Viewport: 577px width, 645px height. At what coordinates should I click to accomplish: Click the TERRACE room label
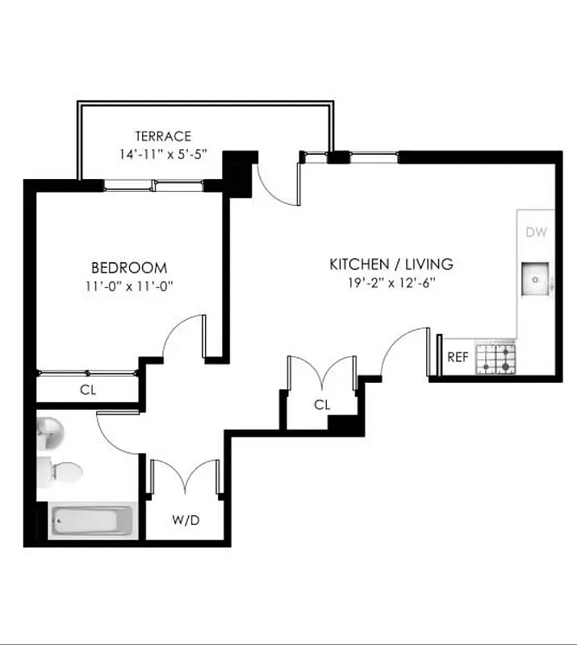click(163, 136)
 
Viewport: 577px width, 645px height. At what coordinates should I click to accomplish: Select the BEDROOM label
click(129, 268)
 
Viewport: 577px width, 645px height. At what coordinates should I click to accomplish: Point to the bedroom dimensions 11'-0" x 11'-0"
click(129, 285)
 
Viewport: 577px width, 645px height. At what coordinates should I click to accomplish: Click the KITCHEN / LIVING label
click(391, 264)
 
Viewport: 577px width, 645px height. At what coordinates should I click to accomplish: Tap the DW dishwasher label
click(537, 233)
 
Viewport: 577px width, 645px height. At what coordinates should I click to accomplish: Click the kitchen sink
click(536, 279)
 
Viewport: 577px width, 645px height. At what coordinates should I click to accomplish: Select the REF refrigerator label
click(458, 357)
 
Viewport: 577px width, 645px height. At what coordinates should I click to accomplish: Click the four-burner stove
click(495, 357)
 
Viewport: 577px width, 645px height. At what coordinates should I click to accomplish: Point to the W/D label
click(186, 520)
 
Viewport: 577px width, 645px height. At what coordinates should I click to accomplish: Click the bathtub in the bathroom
click(91, 522)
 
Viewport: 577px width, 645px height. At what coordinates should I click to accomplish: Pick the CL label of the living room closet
click(322, 405)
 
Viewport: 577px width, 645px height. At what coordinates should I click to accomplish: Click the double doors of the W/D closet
click(186, 476)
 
